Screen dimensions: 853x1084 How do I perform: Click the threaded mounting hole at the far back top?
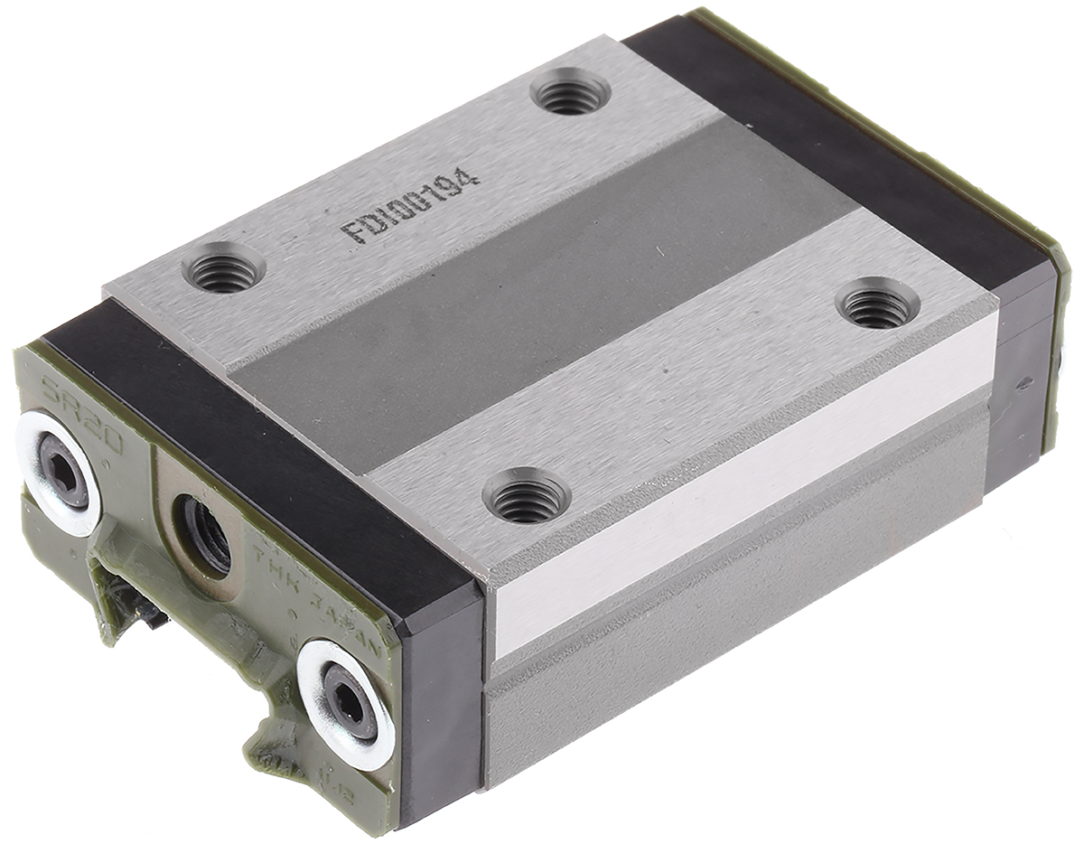tap(570, 93)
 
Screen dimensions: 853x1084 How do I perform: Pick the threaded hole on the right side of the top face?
tap(877, 306)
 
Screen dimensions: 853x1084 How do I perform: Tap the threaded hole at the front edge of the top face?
tap(526, 498)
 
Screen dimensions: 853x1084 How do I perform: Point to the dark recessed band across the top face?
tap(542, 298)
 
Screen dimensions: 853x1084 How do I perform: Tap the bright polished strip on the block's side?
tap(741, 488)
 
